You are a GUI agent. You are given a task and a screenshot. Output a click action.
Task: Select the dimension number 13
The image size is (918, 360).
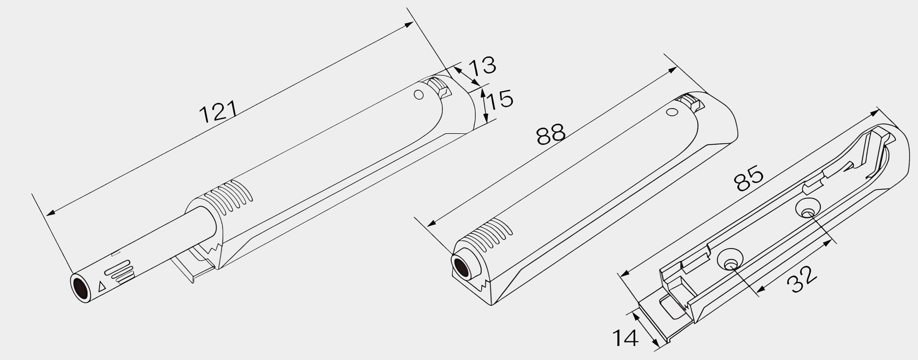tap(481, 66)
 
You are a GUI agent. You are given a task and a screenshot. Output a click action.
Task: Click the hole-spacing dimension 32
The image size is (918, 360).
tap(802, 279)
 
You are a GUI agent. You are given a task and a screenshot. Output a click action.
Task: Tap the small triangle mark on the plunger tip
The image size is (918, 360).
tap(102, 287)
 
